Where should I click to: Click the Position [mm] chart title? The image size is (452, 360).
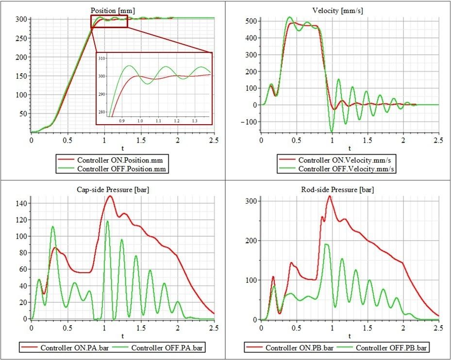[x=113, y=10]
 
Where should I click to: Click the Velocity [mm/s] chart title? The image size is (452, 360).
[x=338, y=10]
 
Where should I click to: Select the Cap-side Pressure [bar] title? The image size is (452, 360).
[x=113, y=189]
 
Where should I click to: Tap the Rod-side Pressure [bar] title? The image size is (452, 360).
[x=338, y=189]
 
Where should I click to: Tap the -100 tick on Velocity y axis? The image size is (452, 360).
[x=250, y=121]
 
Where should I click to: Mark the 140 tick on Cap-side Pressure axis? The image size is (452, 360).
[x=22, y=204]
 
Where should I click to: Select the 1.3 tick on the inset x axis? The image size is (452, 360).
[x=194, y=120]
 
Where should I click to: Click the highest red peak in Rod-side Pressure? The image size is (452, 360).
[x=330, y=196]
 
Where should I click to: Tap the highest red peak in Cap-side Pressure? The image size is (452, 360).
[x=110, y=196]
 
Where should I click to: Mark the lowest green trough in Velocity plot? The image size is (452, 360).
[x=332, y=131]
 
